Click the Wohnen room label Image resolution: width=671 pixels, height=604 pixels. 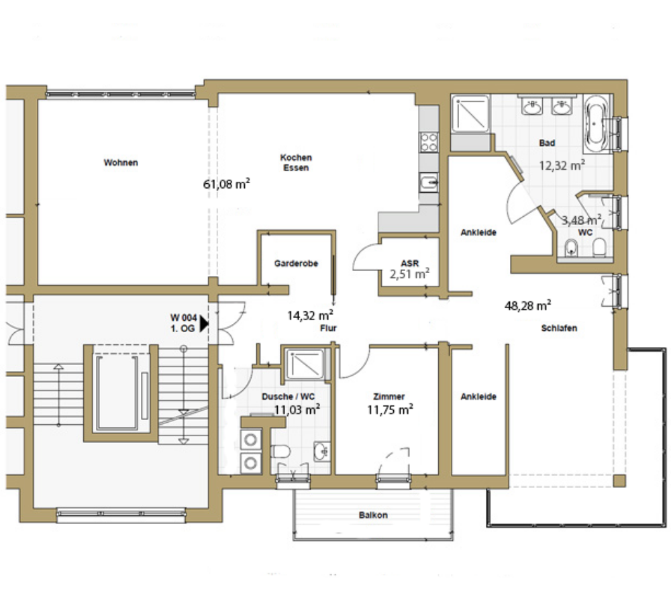(x=121, y=162)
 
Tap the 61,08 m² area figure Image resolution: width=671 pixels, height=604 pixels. (x=226, y=184)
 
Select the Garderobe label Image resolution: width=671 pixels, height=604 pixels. (x=296, y=263)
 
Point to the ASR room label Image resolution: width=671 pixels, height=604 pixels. (x=409, y=263)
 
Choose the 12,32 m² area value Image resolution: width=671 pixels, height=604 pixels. (x=562, y=165)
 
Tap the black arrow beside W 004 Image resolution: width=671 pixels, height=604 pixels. (x=204, y=323)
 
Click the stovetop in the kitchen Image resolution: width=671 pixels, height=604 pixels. (x=429, y=142)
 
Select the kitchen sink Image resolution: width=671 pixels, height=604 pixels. (x=429, y=183)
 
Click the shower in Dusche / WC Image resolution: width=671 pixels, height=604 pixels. (x=305, y=364)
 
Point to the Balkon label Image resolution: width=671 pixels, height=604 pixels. (x=373, y=515)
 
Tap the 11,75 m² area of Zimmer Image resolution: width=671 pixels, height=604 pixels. (x=390, y=409)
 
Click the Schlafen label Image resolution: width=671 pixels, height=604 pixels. (x=559, y=328)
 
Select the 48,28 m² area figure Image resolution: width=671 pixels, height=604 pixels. (x=527, y=305)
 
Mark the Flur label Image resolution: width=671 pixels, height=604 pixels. (x=328, y=328)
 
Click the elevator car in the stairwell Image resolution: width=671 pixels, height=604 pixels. (x=116, y=393)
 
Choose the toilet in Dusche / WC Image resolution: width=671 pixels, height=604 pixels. (x=280, y=451)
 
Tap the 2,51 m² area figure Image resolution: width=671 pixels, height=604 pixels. (x=409, y=274)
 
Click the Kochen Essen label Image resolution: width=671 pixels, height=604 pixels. (x=296, y=162)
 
